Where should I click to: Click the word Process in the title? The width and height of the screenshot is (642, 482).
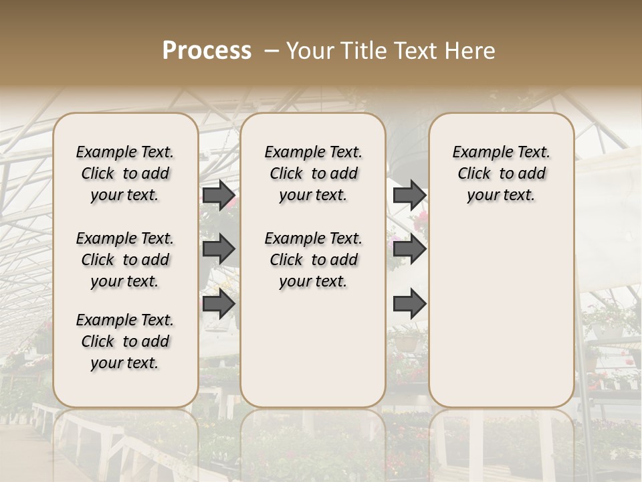207,51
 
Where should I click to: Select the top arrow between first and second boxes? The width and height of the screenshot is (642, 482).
219,195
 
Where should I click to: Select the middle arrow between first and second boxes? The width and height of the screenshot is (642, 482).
219,250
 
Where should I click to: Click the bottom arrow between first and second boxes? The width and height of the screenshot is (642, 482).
219,304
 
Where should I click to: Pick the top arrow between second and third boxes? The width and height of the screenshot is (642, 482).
409,195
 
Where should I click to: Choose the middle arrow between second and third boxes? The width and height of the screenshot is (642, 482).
409,250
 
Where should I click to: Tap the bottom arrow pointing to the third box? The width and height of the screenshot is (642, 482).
409,304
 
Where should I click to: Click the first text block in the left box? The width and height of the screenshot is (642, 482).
125,173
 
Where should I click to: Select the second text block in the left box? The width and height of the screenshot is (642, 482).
125,260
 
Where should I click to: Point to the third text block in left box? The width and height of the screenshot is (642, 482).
125,341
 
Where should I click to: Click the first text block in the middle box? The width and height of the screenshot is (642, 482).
314,173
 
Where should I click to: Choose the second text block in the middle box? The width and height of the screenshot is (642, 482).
314,260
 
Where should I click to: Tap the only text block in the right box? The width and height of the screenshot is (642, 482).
501,173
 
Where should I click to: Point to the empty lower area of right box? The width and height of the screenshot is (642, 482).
501,315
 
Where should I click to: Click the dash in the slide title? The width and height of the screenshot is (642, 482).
272,51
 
